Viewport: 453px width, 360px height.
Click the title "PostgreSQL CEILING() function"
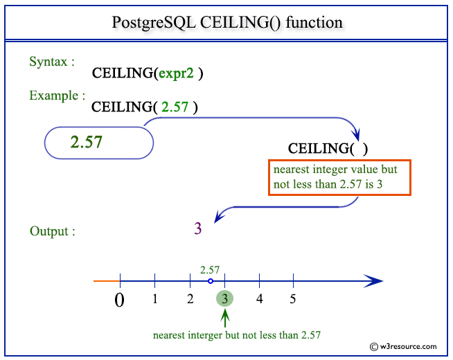pyautogui.click(x=226, y=22)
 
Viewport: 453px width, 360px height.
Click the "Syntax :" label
pyautogui.click(x=53, y=62)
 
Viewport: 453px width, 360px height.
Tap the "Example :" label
pyautogui.click(x=57, y=96)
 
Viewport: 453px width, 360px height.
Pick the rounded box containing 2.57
pyautogui.click(x=98, y=143)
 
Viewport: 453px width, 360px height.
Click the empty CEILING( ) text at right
pyautogui.click(x=328, y=148)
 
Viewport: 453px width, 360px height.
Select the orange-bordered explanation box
pyautogui.click(x=340, y=177)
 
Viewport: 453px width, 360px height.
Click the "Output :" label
pyautogui.click(x=53, y=231)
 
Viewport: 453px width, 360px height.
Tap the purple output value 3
pyautogui.click(x=197, y=228)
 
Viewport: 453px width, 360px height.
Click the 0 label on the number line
pyautogui.click(x=119, y=301)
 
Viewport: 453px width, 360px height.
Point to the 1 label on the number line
pyautogui.click(x=154, y=299)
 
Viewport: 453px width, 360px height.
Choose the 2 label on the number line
pyautogui.click(x=190, y=299)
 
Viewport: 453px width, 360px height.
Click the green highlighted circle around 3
pyautogui.click(x=224, y=299)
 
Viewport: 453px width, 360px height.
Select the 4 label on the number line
pyautogui.click(x=259, y=299)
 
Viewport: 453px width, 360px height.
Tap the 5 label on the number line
pyautogui.click(x=293, y=299)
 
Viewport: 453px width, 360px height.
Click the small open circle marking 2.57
pyautogui.click(x=211, y=281)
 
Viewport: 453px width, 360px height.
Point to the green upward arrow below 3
pyautogui.click(x=224, y=318)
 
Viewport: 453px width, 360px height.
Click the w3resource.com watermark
pyautogui.click(x=404, y=346)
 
